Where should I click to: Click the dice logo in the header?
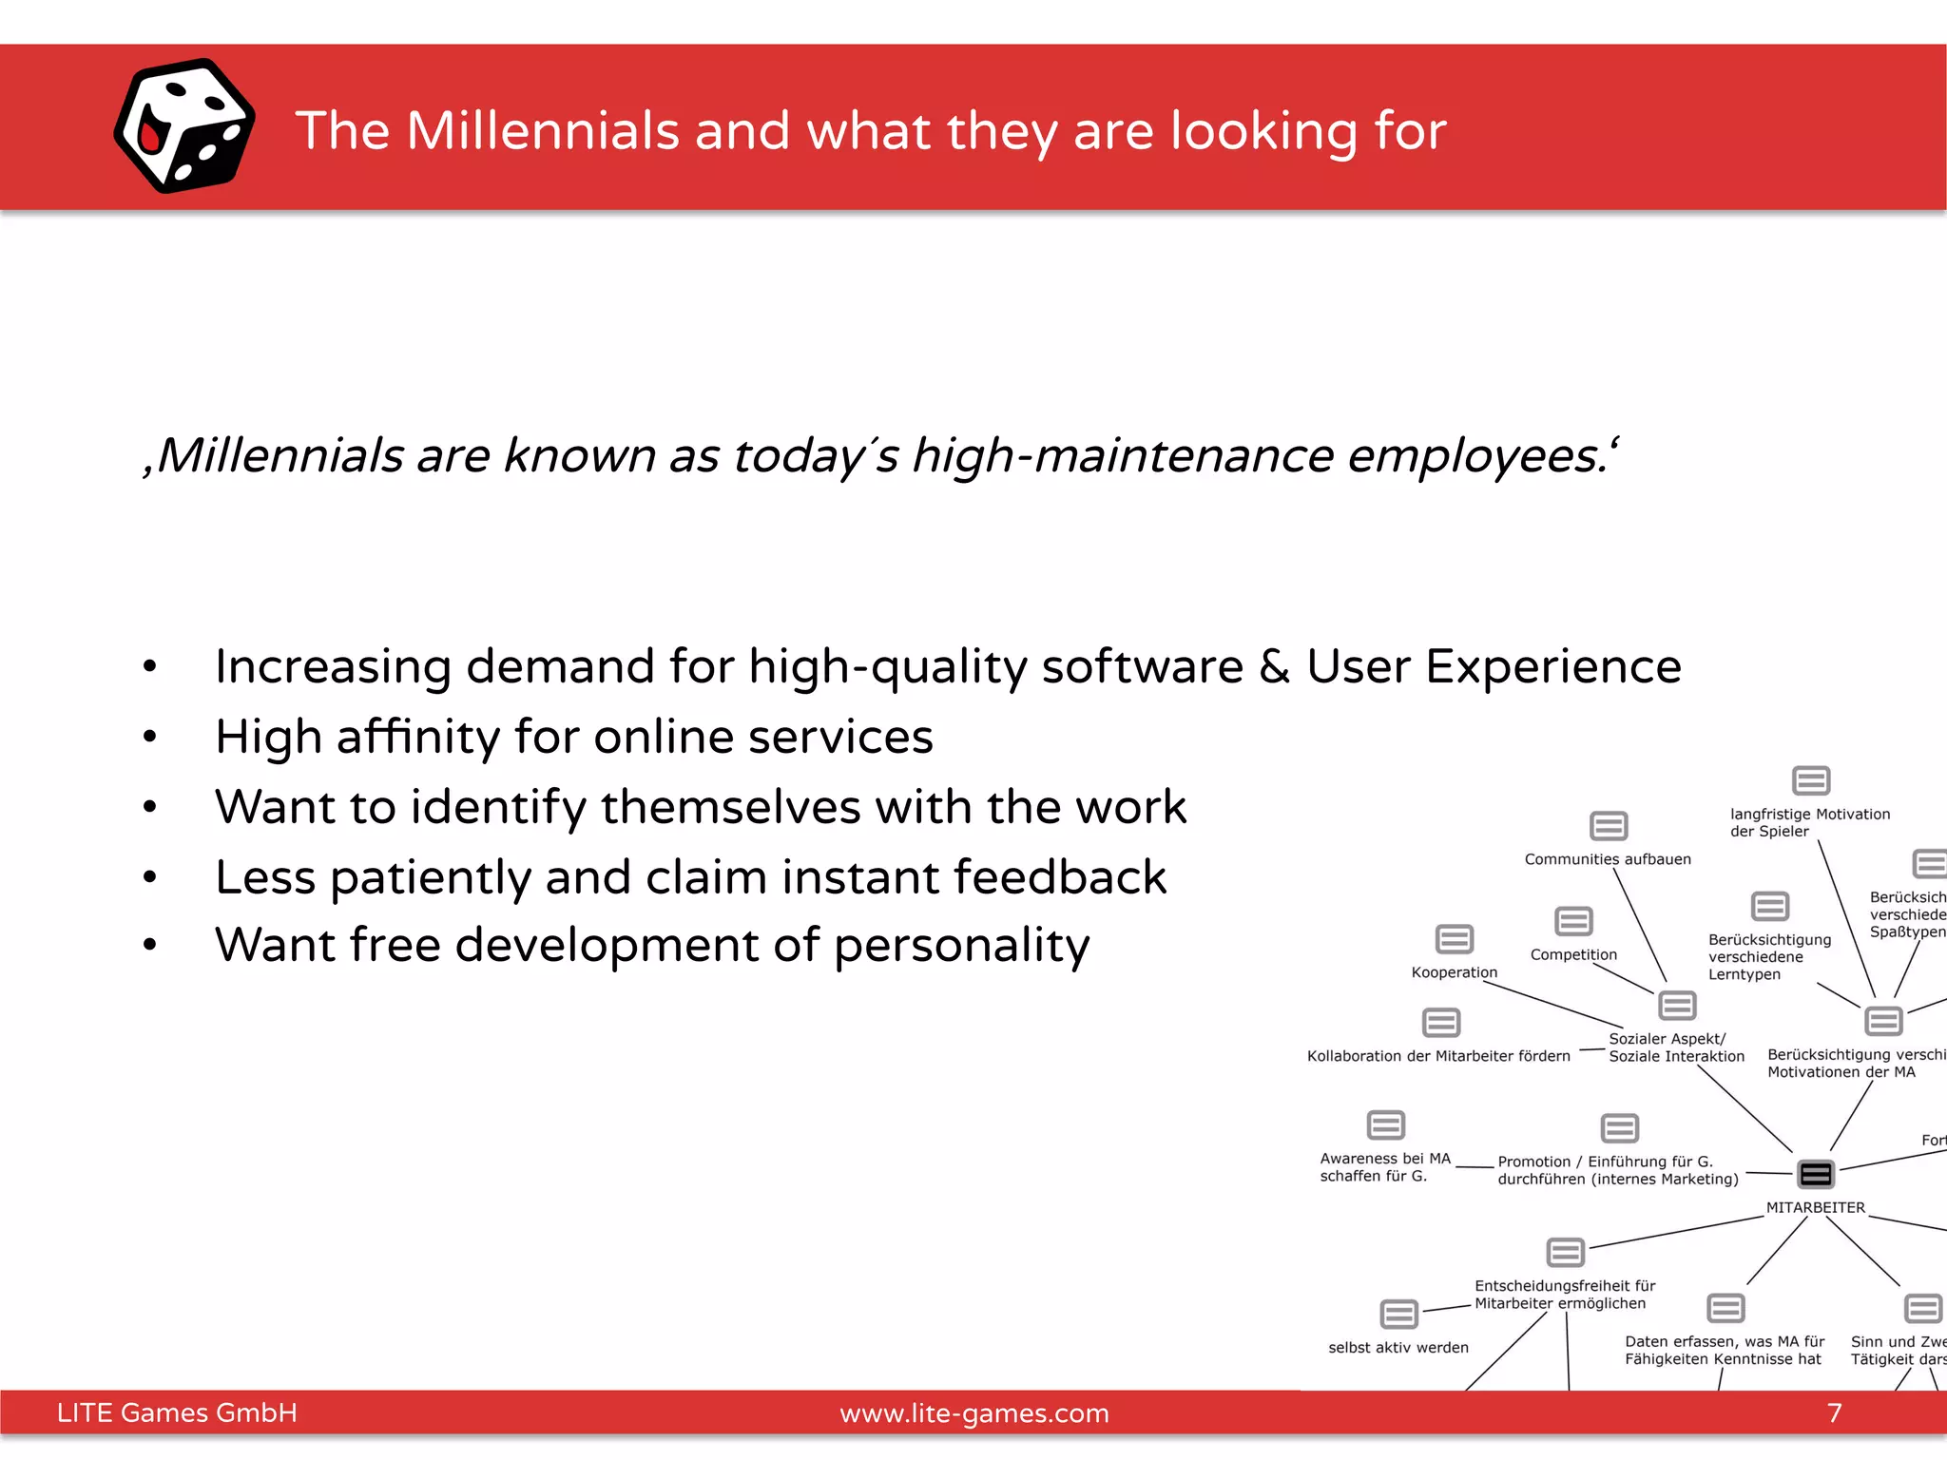tap(183, 126)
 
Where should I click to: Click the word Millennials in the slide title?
tap(543, 130)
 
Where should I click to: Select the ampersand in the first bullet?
tap(1274, 666)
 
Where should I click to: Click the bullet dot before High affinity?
tap(149, 737)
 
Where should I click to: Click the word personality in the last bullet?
tap(961, 946)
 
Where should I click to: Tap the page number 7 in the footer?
tap(1834, 1413)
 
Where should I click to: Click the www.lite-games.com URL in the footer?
tap(973, 1413)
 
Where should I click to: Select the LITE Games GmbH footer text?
tap(177, 1413)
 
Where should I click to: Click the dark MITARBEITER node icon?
tap(1815, 1175)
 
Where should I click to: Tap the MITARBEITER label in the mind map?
tap(1815, 1208)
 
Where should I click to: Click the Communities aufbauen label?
tap(1608, 859)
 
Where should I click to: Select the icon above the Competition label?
tap(1573, 921)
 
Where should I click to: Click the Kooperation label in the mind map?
tap(1454, 972)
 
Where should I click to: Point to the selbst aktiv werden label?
tap(1398, 1348)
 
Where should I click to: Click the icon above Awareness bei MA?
tap(1385, 1125)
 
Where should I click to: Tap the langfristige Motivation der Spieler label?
tap(1809, 822)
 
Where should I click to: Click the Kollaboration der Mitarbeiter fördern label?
tap(1438, 1056)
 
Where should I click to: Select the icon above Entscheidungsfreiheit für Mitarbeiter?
tap(1565, 1253)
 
